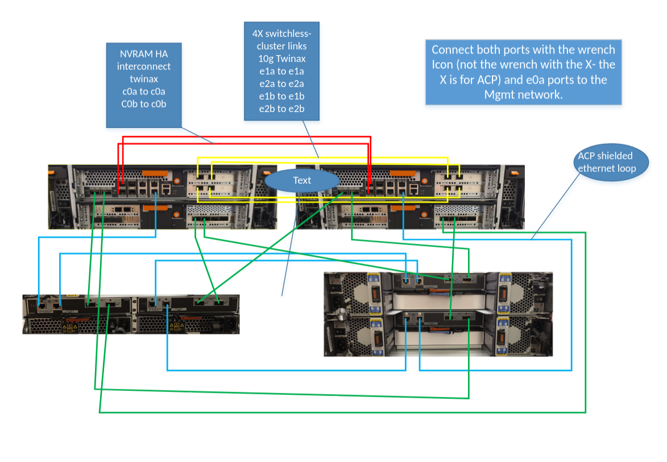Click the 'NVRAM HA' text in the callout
[x=143, y=54]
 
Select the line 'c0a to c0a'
[x=143, y=92]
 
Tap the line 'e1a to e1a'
[x=281, y=71]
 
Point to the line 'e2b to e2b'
[x=281, y=108]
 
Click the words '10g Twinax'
[x=281, y=58]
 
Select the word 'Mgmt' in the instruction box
[x=502, y=94]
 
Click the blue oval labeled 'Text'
[x=302, y=180]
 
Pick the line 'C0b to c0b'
[x=143, y=104]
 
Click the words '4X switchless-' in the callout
[x=281, y=33]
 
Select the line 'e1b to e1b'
[x=281, y=96]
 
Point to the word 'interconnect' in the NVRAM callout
[x=143, y=67]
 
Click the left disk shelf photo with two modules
[x=131, y=314]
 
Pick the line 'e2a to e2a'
[x=281, y=83]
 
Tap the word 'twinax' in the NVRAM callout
[x=143, y=79]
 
